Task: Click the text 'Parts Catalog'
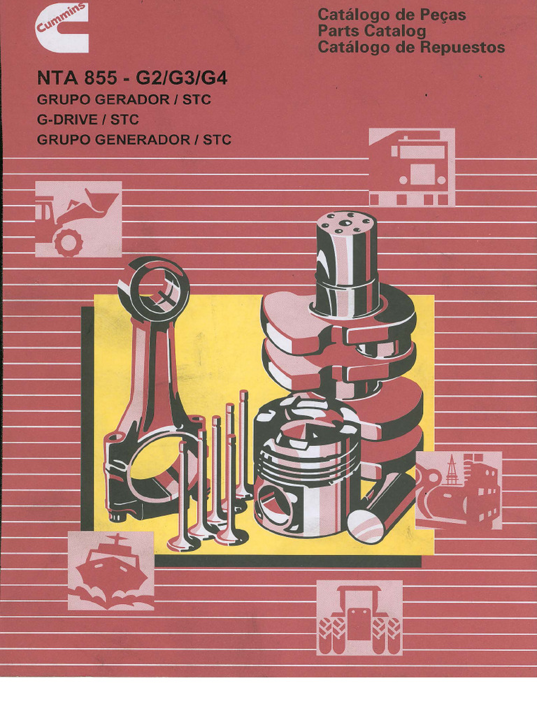pyautogui.click(x=371, y=31)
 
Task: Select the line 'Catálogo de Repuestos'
pyautogui.click(x=410, y=48)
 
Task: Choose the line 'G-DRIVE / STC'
pyautogui.click(x=87, y=120)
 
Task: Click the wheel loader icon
pyautogui.click(x=78, y=219)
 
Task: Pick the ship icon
pyautogui.click(x=110, y=571)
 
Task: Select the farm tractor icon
pyautogui.click(x=359, y=617)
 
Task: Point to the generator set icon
pyautogui.click(x=458, y=489)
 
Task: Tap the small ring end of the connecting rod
pyautogui.click(x=153, y=283)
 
